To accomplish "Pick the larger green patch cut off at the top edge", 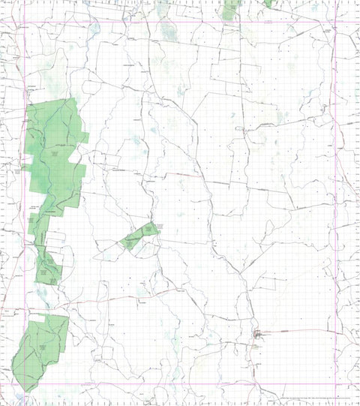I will (x=231, y=8).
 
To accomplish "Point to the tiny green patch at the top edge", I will (x=268, y=3).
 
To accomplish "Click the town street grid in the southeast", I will (x=259, y=334).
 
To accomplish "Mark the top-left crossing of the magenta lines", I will (x=25, y=21).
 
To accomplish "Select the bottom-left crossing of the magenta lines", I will (x=25, y=385).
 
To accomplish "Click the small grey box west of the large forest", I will (x=16, y=171).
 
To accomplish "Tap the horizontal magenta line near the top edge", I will (x=180, y=21).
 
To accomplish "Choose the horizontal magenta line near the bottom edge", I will (x=180, y=385).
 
